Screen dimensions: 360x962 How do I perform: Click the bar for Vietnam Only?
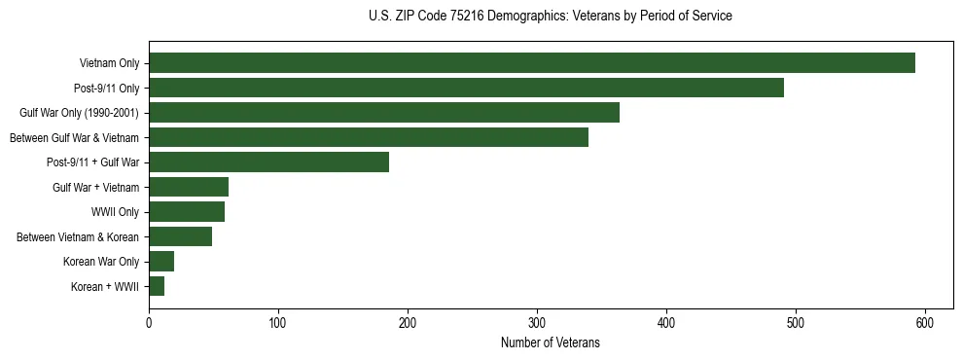pos(532,63)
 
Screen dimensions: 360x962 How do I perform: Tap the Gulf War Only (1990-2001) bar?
pos(384,113)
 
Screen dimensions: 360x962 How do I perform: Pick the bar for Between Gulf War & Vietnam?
pos(369,137)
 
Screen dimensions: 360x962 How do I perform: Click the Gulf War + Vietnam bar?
pos(189,187)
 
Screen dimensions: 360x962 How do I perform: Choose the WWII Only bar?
pos(187,212)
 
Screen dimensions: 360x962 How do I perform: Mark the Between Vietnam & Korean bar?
pos(180,236)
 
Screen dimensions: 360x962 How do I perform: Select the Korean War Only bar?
pos(161,262)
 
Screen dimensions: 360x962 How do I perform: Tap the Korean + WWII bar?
pos(157,286)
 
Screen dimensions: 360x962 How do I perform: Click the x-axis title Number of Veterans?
pos(551,343)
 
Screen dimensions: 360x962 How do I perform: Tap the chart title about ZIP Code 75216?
pos(551,17)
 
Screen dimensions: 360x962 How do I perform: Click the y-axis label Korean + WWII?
pos(105,287)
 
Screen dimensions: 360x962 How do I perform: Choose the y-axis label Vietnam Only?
pos(109,64)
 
